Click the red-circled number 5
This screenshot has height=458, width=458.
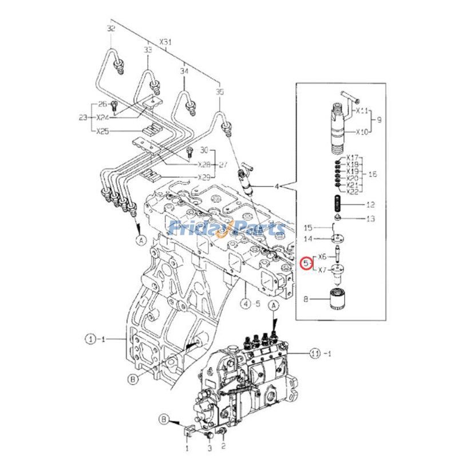[x=307, y=264]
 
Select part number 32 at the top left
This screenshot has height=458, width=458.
[x=111, y=29]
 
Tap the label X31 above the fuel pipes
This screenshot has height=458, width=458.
[x=165, y=42]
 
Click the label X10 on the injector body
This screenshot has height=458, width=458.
[x=362, y=132]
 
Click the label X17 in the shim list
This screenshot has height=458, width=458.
[x=352, y=157]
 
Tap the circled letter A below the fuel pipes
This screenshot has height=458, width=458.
[x=139, y=241]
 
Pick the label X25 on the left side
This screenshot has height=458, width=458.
[x=103, y=131]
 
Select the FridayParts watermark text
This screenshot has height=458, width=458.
[x=227, y=228]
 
